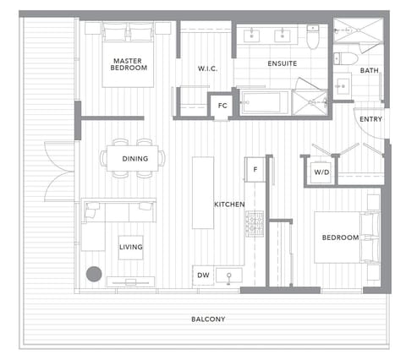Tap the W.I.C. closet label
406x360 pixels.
pos(209,68)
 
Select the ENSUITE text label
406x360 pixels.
pos(282,62)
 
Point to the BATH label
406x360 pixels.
pos(369,70)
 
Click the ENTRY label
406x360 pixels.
pos(370,119)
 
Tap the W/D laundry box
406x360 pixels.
pos(321,173)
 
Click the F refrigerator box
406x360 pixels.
pos(255,169)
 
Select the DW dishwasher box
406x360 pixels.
pos(203,275)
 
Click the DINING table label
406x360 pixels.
pos(134,158)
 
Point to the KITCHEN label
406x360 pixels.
pos(229,205)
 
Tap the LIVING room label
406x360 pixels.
pos(130,247)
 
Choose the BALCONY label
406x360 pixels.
pos(208,319)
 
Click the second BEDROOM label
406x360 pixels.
pos(341,237)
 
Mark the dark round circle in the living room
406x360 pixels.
pos(94,274)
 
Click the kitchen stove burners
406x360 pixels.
pos(255,222)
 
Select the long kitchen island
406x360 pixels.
pos(202,192)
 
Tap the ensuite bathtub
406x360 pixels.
pos(264,105)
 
